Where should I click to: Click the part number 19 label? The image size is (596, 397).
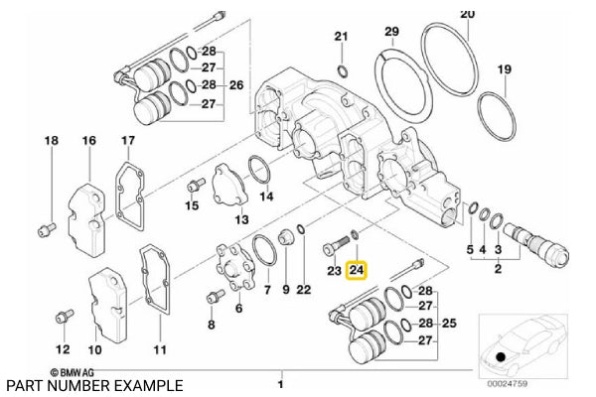[x=505, y=69]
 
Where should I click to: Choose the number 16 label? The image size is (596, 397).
[x=89, y=142]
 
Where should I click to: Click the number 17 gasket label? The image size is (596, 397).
[x=127, y=141]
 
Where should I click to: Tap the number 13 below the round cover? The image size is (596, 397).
[x=240, y=219]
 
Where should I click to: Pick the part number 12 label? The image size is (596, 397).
[x=63, y=349]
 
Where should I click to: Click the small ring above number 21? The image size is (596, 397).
[x=342, y=70]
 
